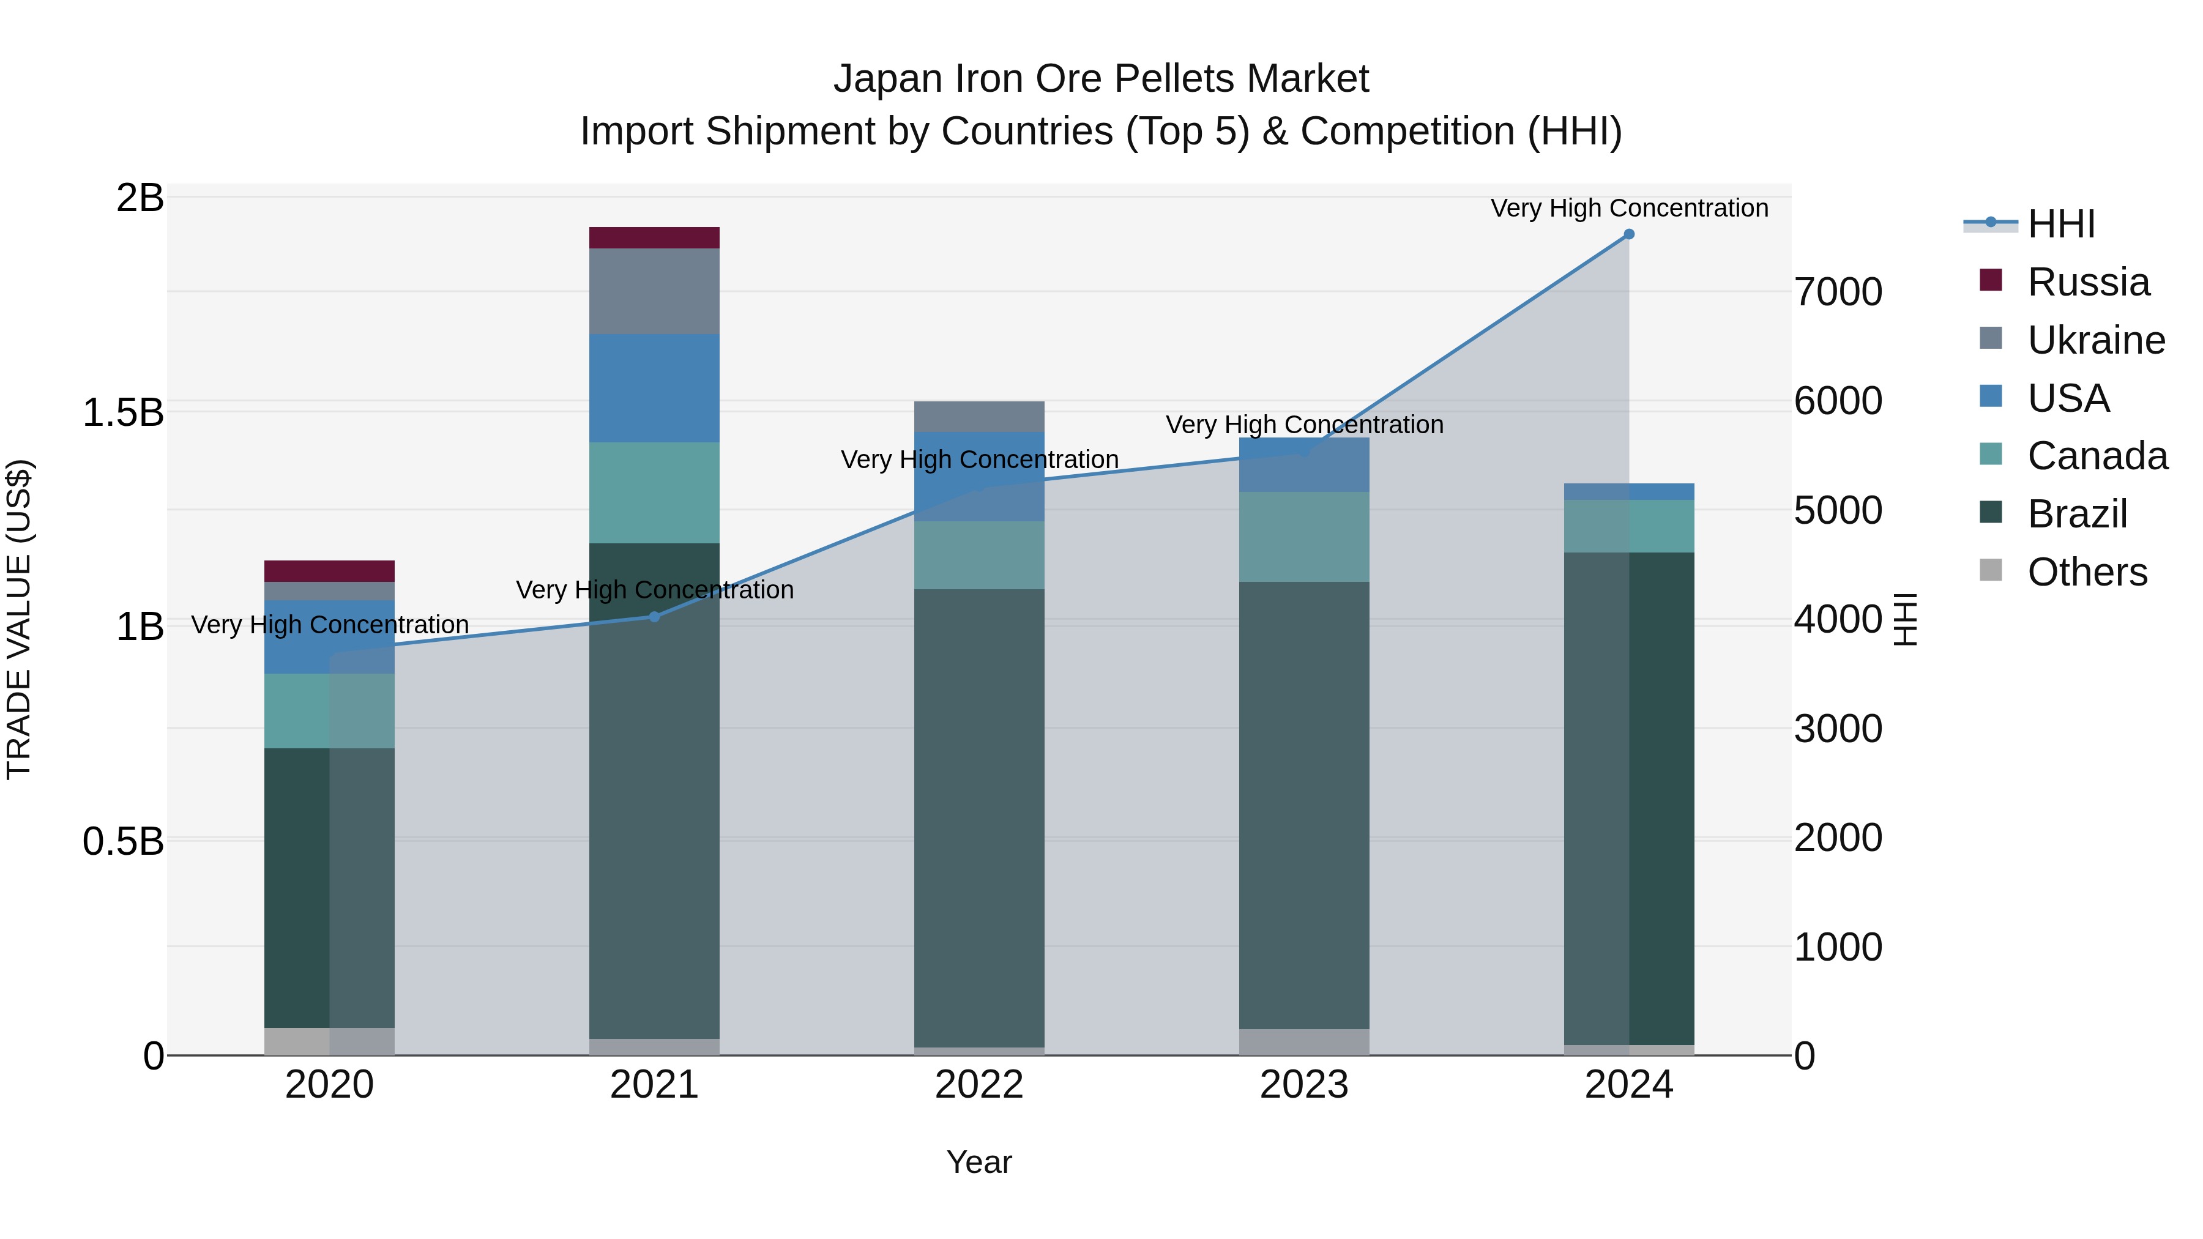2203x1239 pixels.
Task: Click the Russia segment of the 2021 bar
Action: point(654,238)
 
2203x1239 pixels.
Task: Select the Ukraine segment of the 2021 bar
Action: point(654,291)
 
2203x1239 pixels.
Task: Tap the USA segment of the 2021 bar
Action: point(654,387)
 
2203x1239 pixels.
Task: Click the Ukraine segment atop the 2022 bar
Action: point(979,417)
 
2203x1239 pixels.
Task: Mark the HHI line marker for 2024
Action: point(1628,234)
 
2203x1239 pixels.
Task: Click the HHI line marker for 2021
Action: point(654,617)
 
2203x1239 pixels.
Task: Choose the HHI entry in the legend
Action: point(2061,224)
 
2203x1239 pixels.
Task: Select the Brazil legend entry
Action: point(2076,514)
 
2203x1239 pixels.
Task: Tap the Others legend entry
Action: point(2087,572)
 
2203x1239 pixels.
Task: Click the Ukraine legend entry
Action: point(2095,340)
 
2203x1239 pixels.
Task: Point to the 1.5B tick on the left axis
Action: point(122,412)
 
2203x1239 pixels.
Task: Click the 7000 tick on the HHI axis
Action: point(1838,292)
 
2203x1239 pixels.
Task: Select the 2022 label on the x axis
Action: point(979,1085)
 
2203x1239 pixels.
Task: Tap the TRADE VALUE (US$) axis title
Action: point(19,619)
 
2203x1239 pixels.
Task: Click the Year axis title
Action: point(979,1162)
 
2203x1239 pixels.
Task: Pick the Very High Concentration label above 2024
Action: point(1629,208)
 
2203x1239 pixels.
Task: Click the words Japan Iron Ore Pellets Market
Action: point(1101,79)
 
